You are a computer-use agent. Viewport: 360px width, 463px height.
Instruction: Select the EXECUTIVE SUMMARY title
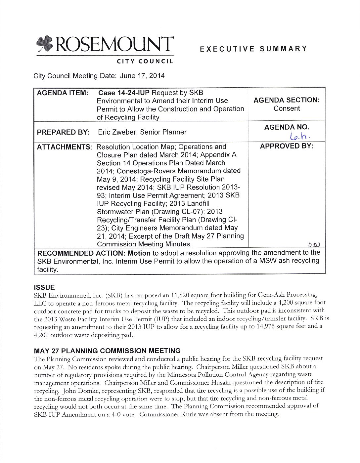(253, 49)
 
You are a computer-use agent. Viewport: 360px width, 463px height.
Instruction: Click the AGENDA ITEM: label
(62, 93)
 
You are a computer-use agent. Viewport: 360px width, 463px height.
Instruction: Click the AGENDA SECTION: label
(287, 101)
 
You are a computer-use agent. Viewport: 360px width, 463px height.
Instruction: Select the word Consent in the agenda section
(287, 109)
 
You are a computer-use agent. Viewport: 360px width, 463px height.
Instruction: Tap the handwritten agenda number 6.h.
(299, 136)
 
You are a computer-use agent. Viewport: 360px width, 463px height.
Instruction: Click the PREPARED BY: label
(63, 132)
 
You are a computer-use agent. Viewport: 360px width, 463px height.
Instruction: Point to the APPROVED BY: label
(287, 146)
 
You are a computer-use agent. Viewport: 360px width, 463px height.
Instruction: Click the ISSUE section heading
(44, 287)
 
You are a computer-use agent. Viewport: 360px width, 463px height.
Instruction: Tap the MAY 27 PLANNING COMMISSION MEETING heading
(107, 351)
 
